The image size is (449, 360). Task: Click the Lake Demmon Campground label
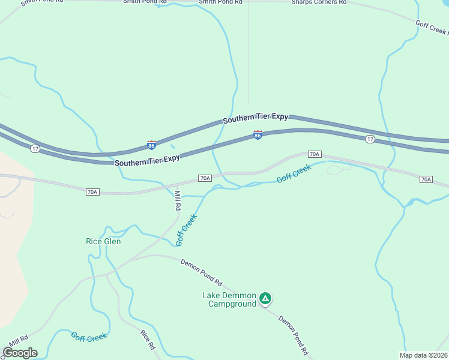coord(229,299)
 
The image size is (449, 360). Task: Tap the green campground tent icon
coord(265,298)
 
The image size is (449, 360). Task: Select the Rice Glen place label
coord(103,242)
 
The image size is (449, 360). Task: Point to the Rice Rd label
coord(148,340)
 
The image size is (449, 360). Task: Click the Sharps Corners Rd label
coord(319,2)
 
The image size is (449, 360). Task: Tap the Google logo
coord(20,353)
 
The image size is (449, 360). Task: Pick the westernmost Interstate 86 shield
coord(152,145)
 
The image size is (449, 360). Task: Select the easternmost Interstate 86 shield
coord(258,136)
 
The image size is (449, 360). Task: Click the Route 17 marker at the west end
coord(35,148)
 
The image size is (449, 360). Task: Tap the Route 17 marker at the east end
coord(370,139)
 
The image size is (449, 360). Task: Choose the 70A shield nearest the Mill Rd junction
coord(205,178)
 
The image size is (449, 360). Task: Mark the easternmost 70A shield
coord(426,179)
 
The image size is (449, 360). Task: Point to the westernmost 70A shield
coord(92,192)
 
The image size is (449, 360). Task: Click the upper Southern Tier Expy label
coord(255,118)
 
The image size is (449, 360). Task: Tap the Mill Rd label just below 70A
coord(178,200)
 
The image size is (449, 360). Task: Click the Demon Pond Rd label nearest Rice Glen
coord(202,272)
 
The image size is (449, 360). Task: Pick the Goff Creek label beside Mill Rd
coord(186,230)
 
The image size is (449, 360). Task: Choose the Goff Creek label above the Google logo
coord(89,337)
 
